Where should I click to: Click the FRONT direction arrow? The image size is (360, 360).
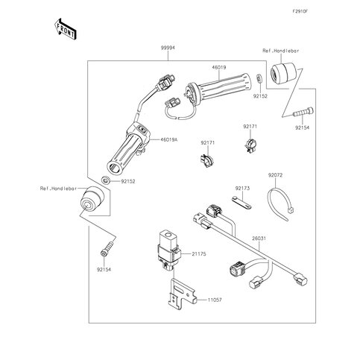click(66, 28)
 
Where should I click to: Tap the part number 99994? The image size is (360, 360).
click(168, 48)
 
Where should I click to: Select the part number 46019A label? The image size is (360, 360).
click(169, 140)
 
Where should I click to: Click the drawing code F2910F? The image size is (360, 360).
click(300, 11)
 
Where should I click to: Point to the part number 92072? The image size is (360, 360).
click(275, 175)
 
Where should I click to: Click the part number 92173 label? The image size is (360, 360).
click(242, 189)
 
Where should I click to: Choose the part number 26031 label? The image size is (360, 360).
click(259, 239)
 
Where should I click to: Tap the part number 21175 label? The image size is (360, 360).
click(199, 254)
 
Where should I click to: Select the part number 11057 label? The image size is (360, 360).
click(215, 300)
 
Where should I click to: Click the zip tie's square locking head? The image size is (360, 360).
click(290, 211)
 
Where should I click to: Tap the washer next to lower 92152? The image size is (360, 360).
click(106, 180)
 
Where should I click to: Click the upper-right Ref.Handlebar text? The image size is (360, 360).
click(281, 51)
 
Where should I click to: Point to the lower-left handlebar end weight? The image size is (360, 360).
click(91, 198)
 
